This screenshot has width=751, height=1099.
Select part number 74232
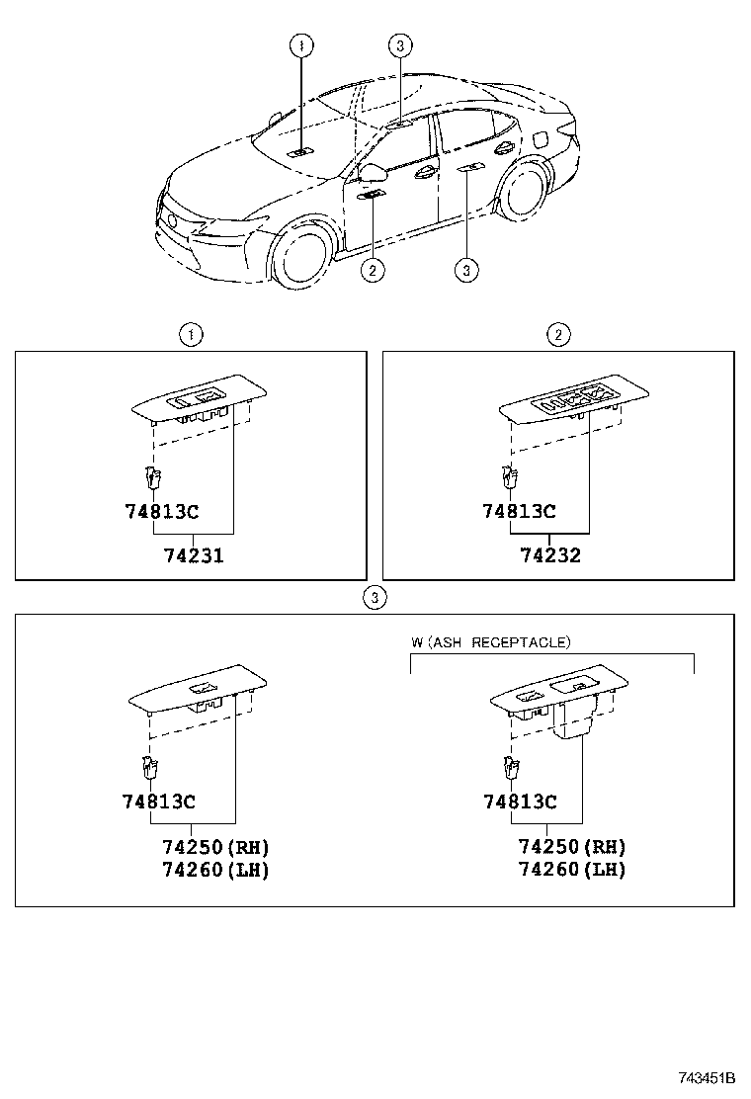tap(550, 555)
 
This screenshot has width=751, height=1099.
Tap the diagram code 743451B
tap(707, 1076)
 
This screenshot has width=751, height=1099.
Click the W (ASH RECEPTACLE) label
tap(490, 642)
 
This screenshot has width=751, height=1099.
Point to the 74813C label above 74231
tap(162, 511)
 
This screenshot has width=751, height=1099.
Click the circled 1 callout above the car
tap(301, 44)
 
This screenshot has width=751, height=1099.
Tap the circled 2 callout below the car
tap(372, 269)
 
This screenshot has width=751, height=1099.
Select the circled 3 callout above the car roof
tap(398, 44)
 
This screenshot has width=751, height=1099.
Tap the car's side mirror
tap(373, 173)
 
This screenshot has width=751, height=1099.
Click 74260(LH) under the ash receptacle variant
tap(572, 870)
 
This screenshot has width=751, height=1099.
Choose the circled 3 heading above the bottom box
tap(373, 597)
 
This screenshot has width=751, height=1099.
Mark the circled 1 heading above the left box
tap(190, 334)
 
